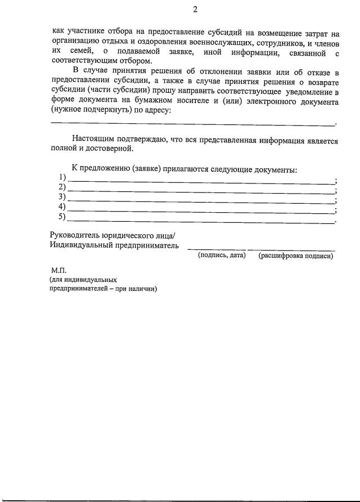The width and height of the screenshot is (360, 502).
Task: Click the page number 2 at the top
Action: coord(195,8)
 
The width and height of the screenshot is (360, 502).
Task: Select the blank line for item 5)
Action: coord(200,221)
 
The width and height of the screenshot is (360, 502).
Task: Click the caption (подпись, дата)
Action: coord(222,256)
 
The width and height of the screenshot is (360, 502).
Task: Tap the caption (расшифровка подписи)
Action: coord(295,256)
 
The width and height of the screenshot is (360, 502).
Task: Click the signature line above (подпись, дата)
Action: coord(215,249)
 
